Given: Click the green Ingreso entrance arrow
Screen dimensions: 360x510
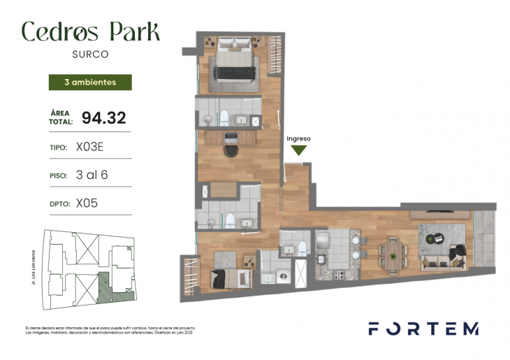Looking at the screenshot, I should [x=299, y=150].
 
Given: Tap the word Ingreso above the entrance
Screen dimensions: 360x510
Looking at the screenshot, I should [x=299, y=138].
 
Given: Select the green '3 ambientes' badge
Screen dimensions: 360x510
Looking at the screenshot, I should [x=89, y=82].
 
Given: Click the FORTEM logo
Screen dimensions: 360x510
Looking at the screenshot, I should [x=423, y=329].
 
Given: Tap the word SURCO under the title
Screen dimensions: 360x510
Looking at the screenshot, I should [x=90, y=52].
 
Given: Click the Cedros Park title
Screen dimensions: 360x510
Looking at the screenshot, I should [x=90, y=31].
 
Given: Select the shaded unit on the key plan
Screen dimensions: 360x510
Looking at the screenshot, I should [x=108, y=287].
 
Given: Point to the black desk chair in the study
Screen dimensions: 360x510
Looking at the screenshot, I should [x=231, y=151].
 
